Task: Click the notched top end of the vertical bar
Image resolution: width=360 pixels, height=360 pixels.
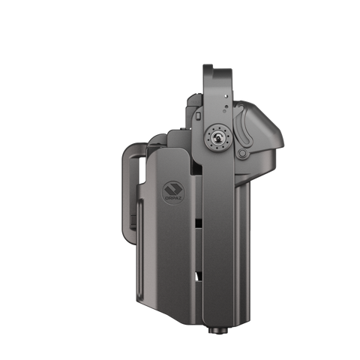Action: click(x=214, y=66)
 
